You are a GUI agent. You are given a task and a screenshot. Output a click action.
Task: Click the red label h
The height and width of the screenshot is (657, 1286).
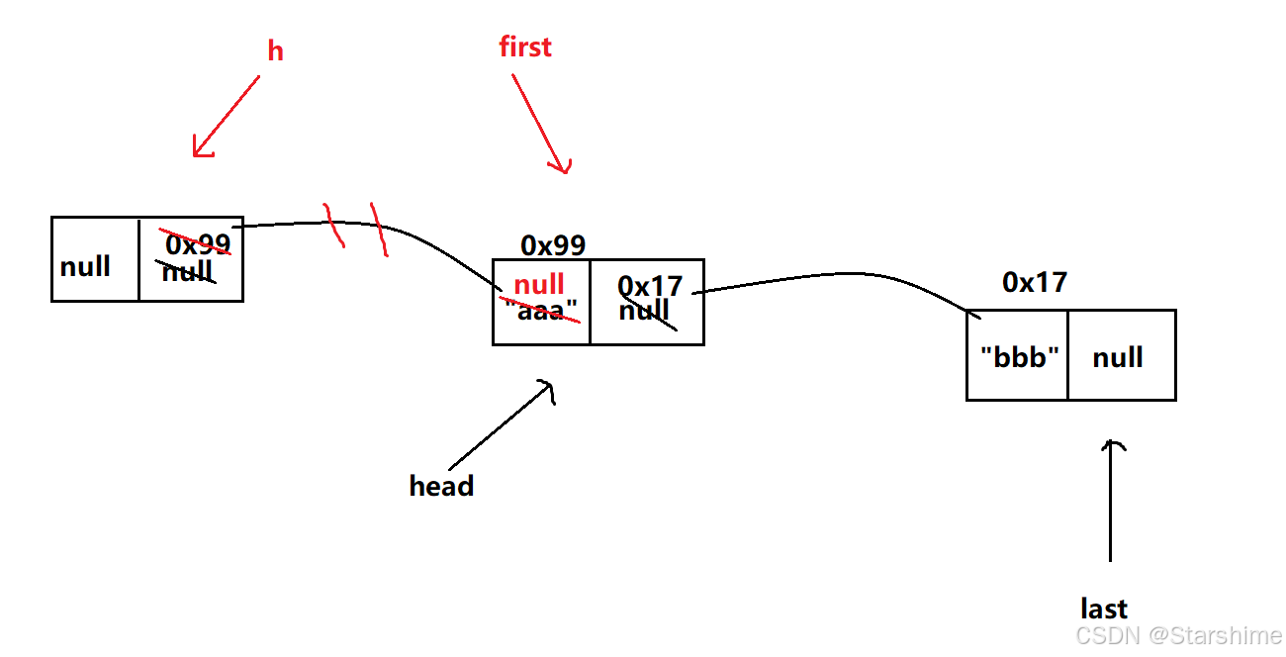[x=275, y=51]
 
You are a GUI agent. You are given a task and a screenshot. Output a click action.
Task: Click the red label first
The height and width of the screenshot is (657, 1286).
[x=525, y=47]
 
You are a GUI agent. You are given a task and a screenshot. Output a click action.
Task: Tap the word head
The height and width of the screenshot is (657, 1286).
[x=441, y=486]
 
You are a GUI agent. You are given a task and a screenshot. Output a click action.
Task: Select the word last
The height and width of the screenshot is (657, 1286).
[x=1104, y=609]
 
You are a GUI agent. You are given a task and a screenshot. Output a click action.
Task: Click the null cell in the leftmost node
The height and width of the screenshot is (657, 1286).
[x=86, y=267]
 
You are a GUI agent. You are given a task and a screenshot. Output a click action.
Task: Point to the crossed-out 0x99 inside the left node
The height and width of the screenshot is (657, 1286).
[x=198, y=243]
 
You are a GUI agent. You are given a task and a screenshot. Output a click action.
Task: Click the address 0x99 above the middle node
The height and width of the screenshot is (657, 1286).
[x=553, y=245]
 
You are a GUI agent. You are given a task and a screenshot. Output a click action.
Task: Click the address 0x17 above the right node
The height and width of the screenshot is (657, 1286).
[x=1035, y=283]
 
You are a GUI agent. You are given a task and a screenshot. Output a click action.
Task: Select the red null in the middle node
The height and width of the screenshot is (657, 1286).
[x=539, y=286]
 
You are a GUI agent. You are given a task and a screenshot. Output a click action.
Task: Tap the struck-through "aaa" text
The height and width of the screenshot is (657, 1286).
[x=540, y=311]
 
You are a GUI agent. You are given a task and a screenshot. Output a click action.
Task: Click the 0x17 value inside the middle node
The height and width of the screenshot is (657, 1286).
[x=650, y=286]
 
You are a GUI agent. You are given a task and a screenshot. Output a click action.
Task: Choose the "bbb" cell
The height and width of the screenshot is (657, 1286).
[x=1019, y=357]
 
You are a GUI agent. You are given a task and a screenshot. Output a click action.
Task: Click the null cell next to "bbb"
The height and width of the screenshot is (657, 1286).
[x=1118, y=357]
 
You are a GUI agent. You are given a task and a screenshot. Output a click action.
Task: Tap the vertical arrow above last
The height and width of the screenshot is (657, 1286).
[x=1111, y=500]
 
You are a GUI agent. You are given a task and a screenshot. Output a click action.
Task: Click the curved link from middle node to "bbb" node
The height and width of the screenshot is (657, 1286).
[x=841, y=274]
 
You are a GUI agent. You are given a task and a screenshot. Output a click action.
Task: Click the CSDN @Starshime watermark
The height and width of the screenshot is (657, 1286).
[x=1178, y=634]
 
